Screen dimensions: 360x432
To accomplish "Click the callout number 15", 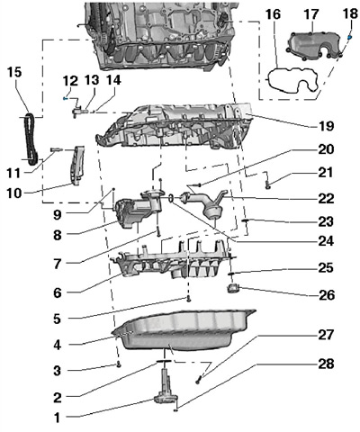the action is pyautogui.click(x=14, y=72).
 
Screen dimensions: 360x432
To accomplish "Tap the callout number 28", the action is pyautogui.click(x=326, y=364).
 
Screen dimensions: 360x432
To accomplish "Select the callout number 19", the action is pyautogui.click(x=326, y=126).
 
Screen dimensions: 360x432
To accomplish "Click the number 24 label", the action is pyautogui.click(x=326, y=240).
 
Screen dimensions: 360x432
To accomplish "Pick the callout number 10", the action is pyautogui.click(x=14, y=193).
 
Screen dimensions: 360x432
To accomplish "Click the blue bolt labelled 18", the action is pyautogui.click(x=350, y=38).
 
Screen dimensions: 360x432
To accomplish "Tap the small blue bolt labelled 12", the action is pyautogui.click(x=65, y=98).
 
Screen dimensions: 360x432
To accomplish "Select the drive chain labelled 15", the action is pyautogui.click(x=30, y=139).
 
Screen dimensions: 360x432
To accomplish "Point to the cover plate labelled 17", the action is pyautogui.click(x=312, y=45).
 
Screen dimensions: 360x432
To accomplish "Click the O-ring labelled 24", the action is pyautogui.click(x=171, y=198).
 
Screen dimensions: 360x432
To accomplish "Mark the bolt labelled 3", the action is pyautogui.click(x=119, y=365).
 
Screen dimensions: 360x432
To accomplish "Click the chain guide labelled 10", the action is pyautogui.click(x=77, y=165).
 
